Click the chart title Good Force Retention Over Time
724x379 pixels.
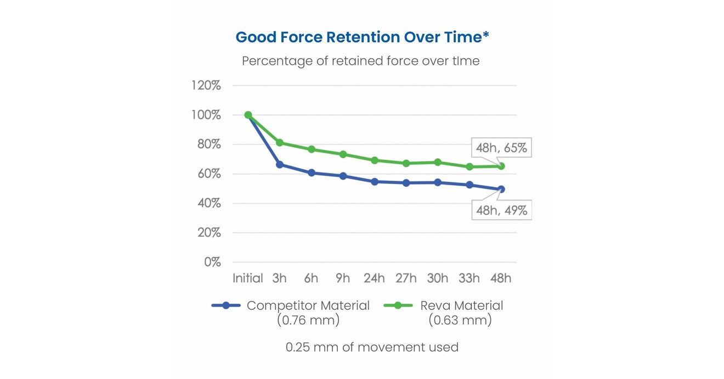click(x=362, y=37)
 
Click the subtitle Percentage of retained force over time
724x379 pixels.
click(x=361, y=61)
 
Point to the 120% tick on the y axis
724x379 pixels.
click(x=206, y=86)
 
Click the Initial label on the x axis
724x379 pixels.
click(x=248, y=278)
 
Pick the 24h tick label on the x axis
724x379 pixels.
click(x=374, y=278)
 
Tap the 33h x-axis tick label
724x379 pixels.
click(x=469, y=278)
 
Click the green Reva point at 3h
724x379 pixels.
click(x=280, y=143)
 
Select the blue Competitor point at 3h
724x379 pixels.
click(x=280, y=165)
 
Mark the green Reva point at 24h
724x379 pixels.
click(x=375, y=160)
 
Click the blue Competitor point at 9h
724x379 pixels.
click(x=343, y=176)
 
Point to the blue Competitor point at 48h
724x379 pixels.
click(x=501, y=189)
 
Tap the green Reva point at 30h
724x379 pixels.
click(x=438, y=162)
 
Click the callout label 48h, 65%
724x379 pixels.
click(x=501, y=148)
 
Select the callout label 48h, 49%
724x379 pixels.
click(x=501, y=210)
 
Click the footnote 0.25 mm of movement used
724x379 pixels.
click(x=372, y=347)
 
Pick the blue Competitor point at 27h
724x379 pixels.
click(x=406, y=183)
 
